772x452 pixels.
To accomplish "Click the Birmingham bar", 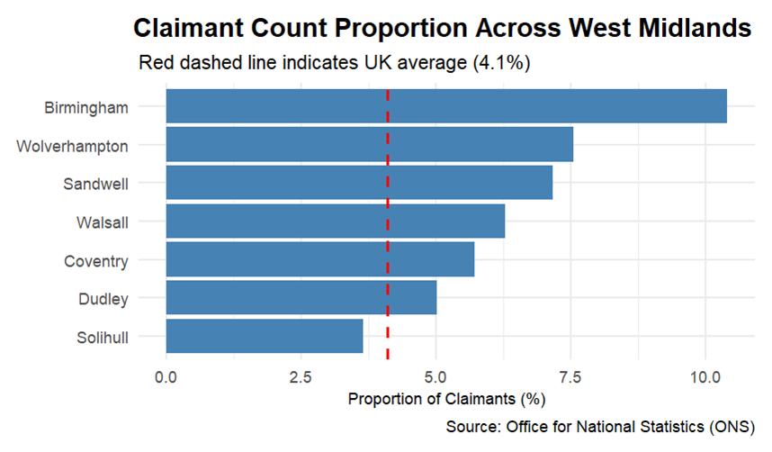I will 445,106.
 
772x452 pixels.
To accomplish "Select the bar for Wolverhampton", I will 369,145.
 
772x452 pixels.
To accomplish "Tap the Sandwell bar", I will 359,183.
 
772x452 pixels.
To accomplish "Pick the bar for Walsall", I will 335,221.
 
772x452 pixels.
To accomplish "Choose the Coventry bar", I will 319,260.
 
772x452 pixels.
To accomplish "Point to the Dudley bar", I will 301,298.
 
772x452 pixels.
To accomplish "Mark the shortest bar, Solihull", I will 265,336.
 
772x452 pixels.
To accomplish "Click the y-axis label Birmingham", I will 85,107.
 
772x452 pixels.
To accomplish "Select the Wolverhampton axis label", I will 72,146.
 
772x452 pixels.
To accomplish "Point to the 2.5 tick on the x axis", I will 301,375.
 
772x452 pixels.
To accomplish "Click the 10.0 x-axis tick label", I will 705,375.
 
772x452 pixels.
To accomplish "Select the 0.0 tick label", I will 166,375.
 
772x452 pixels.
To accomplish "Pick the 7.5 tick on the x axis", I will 570,375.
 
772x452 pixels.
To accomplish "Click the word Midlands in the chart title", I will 695,28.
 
